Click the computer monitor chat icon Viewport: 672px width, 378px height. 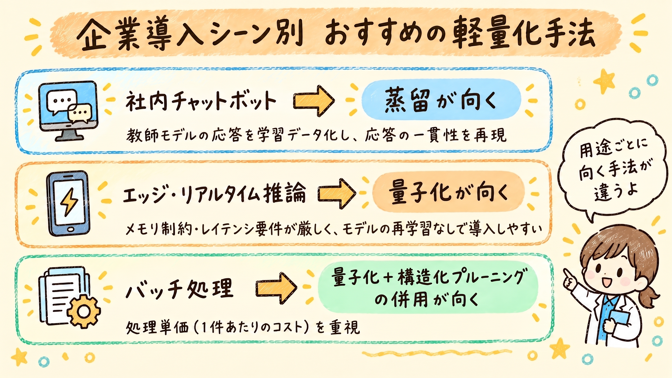[x=68, y=111]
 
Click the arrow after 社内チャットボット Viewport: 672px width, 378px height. [x=314, y=101]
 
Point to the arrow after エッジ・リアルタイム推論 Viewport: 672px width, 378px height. [x=336, y=193]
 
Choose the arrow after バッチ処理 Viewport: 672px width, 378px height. [x=276, y=288]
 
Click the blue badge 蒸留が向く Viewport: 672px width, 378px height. [x=441, y=100]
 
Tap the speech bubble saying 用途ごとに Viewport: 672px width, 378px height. [x=613, y=171]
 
